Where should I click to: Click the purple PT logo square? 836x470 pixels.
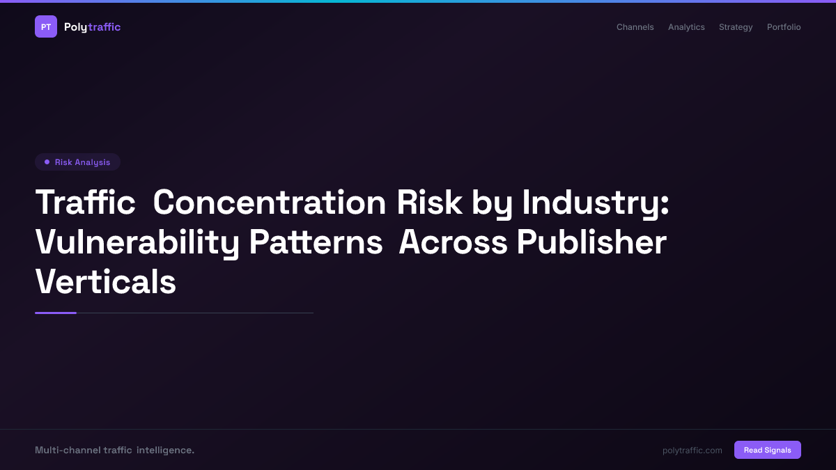coord(46,26)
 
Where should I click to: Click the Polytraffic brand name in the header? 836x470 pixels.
coord(92,27)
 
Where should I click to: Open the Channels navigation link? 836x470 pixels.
coord(635,27)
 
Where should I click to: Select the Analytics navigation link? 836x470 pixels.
coord(686,27)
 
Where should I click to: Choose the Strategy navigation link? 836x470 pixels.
coord(736,27)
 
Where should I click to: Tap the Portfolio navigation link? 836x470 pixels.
coord(784,27)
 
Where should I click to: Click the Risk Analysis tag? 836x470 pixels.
coord(77,162)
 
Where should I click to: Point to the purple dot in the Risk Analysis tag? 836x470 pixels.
coord(47,162)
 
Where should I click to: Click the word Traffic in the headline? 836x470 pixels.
coord(85,203)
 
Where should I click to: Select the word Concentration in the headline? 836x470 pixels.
coord(269,203)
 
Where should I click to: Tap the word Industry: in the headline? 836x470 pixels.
coord(596,203)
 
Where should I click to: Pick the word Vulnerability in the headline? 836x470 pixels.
coord(137,242)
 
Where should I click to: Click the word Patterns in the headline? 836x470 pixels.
coord(316,242)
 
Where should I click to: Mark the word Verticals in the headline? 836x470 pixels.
coord(105,282)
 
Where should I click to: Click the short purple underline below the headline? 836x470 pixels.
coord(56,313)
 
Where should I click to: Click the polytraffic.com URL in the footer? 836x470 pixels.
coord(692,451)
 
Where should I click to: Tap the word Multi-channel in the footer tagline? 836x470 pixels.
coord(67,451)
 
